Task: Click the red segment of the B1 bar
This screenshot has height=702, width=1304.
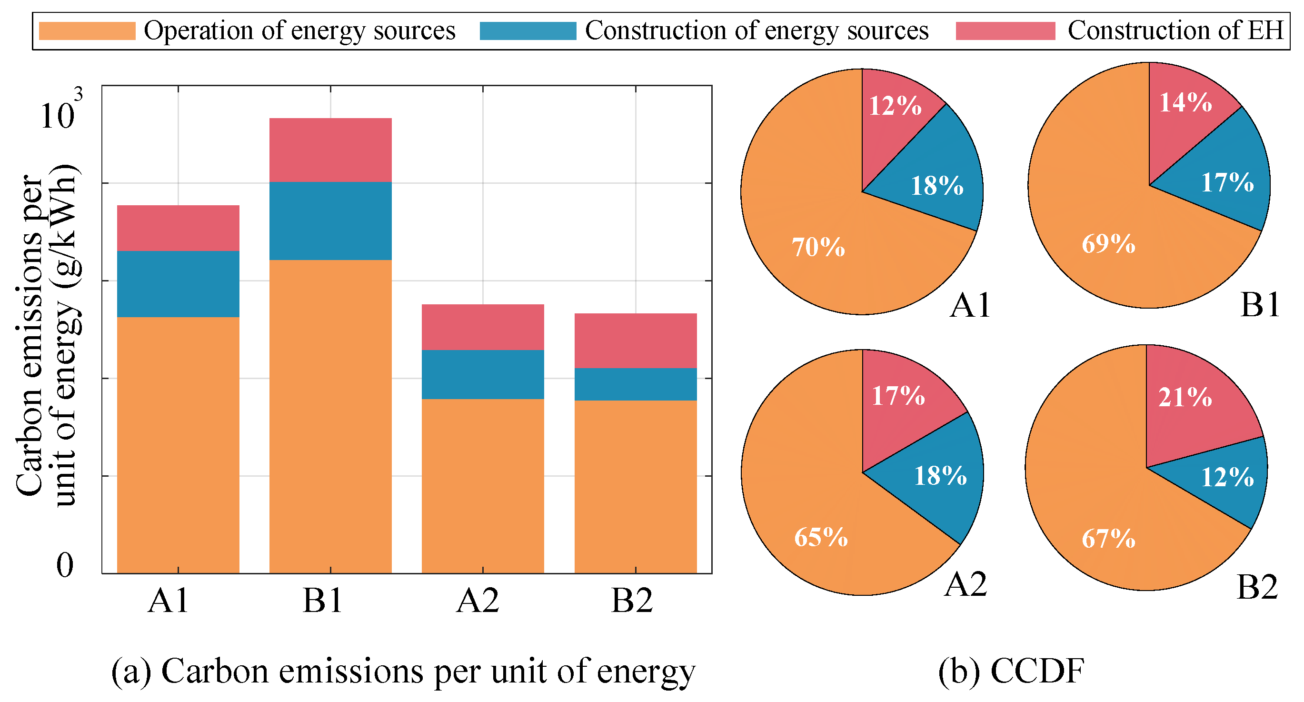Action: coord(330,150)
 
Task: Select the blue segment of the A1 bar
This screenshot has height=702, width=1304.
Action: coord(178,284)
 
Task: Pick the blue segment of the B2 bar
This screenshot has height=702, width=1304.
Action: coord(635,384)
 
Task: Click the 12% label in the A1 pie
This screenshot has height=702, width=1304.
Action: coord(895,106)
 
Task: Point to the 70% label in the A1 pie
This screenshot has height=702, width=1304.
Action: coord(818,247)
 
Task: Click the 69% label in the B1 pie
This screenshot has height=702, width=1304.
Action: coord(1109,244)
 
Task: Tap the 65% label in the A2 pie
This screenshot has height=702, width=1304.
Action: coord(821,537)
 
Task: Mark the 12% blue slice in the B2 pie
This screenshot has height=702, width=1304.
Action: coord(1227,477)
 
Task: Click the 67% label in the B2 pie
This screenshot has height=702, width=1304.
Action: coord(1109,538)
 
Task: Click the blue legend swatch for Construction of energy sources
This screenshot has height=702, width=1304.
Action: coord(528,31)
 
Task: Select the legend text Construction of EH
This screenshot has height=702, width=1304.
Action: coord(1175,30)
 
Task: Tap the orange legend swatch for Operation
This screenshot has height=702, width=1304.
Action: coord(87,31)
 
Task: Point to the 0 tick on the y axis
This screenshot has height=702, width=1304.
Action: coord(65,565)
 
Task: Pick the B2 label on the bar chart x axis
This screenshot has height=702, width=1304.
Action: coord(632,601)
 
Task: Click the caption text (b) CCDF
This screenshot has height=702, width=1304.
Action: coord(1011,671)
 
